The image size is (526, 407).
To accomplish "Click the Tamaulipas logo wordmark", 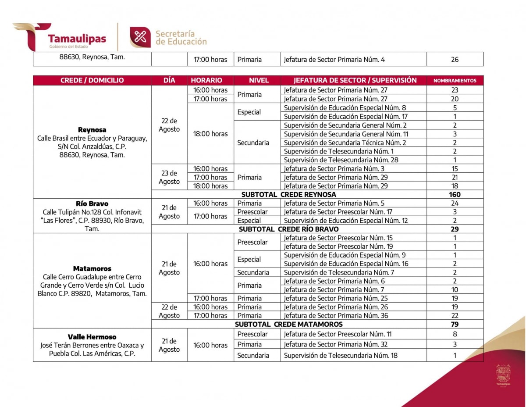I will (77, 39).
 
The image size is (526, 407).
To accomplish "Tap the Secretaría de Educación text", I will (181, 38).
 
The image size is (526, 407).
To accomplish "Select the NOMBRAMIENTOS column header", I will (455, 81).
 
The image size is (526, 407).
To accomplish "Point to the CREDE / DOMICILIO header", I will (92, 80).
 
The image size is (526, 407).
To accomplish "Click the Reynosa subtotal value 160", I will (455, 194).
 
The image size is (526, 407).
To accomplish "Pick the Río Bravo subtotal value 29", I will (455, 229).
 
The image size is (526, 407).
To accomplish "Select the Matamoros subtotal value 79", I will (455, 324).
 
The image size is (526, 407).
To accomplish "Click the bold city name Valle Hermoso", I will (92, 337).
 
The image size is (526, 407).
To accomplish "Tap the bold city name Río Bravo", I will (92, 203).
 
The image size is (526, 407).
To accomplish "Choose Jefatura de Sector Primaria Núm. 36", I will (336, 315).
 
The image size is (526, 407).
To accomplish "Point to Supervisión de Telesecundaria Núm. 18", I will (341, 355).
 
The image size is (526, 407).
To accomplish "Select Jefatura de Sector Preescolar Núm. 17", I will (338, 212).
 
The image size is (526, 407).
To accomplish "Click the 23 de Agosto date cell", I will (169, 177).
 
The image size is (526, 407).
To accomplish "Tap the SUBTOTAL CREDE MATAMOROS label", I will (288, 324).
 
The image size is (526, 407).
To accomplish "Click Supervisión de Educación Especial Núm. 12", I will (345, 221).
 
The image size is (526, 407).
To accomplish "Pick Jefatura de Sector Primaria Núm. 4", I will (334, 59).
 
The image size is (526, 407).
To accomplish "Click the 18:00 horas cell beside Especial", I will (210, 134).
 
